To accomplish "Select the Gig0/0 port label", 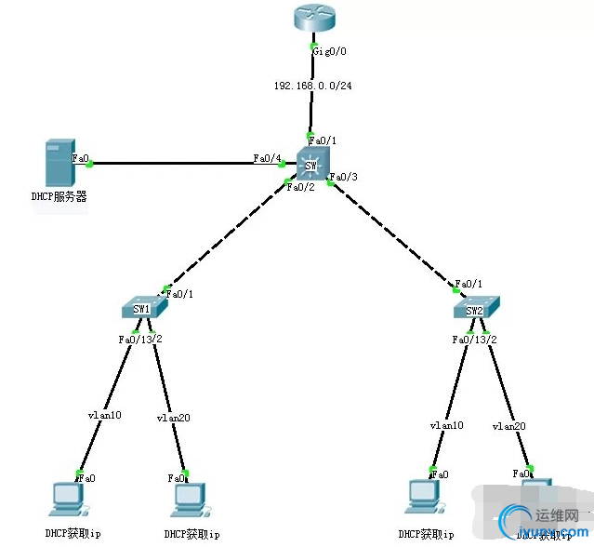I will tap(329, 51).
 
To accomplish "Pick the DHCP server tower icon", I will tap(59, 163).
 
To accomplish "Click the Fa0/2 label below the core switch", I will tap(300, 187).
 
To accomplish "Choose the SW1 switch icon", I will tap(143, 309).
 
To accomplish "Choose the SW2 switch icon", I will tap(476, 309).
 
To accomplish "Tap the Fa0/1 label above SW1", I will tap(179, 294).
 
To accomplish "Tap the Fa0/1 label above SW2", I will tap(469, 284).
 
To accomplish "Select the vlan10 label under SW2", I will tap(446, 425).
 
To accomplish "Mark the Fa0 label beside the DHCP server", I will tap(81, 159).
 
